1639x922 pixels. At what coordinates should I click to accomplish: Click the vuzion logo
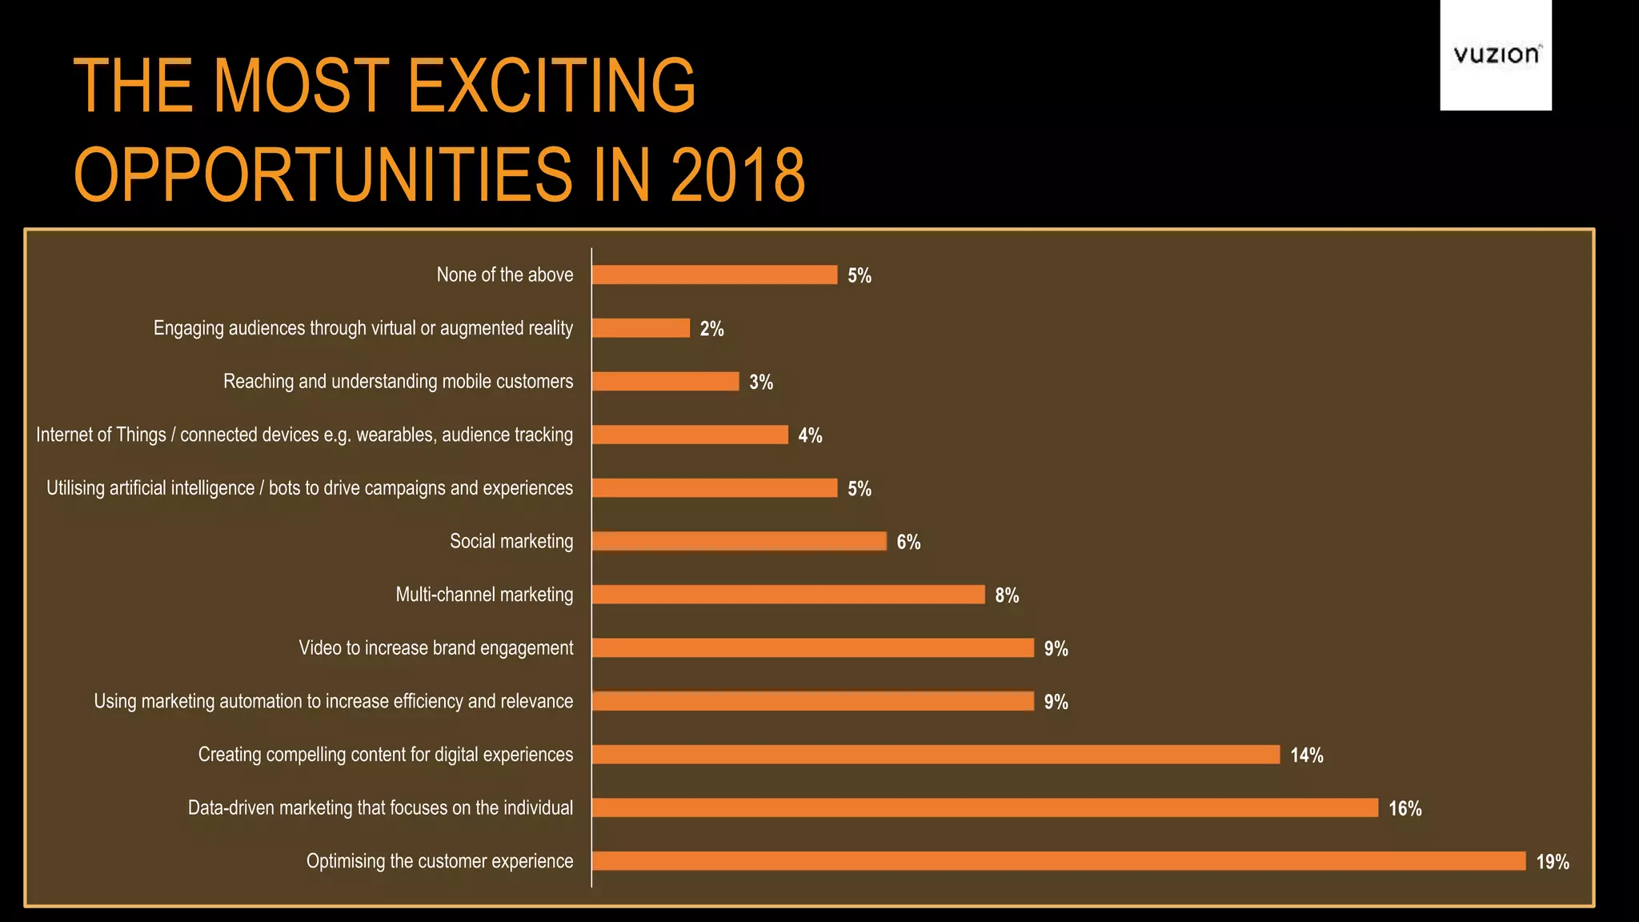[1495, 54]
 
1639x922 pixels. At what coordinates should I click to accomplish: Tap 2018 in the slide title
[737, 175]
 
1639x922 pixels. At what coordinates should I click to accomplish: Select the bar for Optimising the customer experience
[1058, 861]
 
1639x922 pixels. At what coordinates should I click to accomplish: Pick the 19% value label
[1552, 862]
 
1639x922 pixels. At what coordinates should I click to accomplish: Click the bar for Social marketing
[739, 541]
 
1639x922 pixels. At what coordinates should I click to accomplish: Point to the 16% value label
[1405, 808]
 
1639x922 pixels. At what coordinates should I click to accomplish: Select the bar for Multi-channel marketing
[788, 595]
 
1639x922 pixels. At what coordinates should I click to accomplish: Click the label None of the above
[505, 275]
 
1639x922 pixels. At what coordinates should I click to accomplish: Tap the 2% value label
[711, 329]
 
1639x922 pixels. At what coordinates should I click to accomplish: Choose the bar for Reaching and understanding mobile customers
[665, 381]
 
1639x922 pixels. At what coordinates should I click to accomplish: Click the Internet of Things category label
[304, 435]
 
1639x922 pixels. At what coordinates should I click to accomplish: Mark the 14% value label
[1306, 756]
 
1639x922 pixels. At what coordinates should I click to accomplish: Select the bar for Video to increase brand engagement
[812, 647]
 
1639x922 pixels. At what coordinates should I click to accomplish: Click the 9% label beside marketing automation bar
[1056, 702]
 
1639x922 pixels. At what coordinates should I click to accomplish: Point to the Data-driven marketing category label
[380, 808]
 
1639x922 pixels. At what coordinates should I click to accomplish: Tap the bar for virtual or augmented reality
[640, 328]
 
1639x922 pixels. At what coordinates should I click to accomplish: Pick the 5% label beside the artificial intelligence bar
[859, 489]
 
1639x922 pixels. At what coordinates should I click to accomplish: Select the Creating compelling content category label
[386, 754]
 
